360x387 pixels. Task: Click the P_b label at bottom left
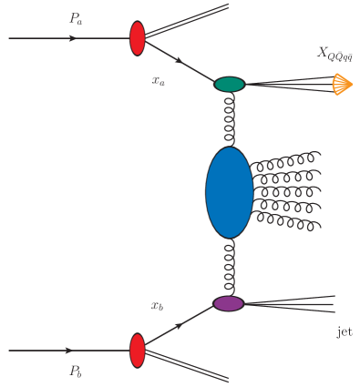point(77,371)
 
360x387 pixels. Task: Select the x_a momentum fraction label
point(159,80)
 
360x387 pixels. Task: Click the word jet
point(343,333)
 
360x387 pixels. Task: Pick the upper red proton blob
point(138,39)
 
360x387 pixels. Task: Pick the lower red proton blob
point(138,351)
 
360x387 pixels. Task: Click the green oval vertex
point(230,84)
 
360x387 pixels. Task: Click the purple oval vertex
point(228,303)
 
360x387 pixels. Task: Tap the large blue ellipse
point(228,192)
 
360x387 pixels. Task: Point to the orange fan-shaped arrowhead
point(342,85)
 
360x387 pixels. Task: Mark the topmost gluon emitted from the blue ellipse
point(284,161)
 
